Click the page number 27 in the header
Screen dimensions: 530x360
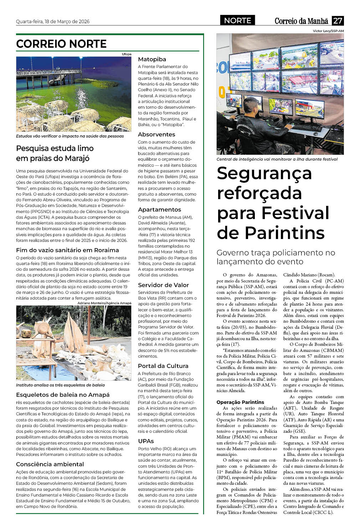click(x=338, y=21)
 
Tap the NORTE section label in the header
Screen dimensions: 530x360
click(x=237, y=21)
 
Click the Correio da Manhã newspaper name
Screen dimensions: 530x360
click(x=301, y=21)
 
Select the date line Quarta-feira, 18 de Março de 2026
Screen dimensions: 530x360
click(x=53, y=21)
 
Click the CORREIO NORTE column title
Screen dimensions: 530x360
click(x=61, y=44)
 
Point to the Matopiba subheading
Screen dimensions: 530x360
click(x=152, y=59)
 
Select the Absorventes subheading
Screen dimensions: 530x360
click(x=156, y=134)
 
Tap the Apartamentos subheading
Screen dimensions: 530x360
click(x=159, y=209)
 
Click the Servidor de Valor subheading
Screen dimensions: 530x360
click(x=163, y=285)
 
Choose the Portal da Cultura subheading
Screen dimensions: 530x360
click(x=163, y=366)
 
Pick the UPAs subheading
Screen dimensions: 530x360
click(x=146, y=441)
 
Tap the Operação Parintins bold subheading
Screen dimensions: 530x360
click(x=240, y=402)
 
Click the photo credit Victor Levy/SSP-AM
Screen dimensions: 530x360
click(x=328, y=31)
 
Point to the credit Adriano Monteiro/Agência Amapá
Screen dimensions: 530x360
click(x=104, y=303)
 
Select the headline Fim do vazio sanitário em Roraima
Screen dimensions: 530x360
click(x=67, y=250)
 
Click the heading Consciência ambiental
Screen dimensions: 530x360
click(x=50, y=464)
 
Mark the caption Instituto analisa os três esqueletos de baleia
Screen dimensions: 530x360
click(x=60, y=385)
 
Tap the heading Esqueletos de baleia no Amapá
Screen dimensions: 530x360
click(x=63, y=395)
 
